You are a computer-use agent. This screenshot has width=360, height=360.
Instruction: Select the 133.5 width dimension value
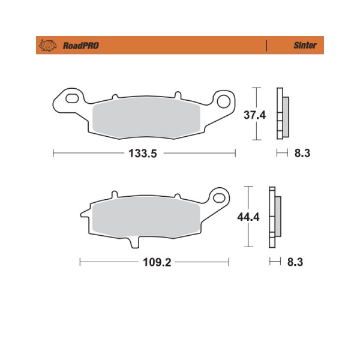(143, 154)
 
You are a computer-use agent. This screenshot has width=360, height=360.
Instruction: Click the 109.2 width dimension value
(155, 262)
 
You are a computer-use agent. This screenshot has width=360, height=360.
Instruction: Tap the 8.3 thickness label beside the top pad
(302, 154)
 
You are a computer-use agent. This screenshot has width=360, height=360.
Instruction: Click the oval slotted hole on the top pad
(73, 97)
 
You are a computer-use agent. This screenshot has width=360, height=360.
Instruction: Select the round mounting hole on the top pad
(226, 101)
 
